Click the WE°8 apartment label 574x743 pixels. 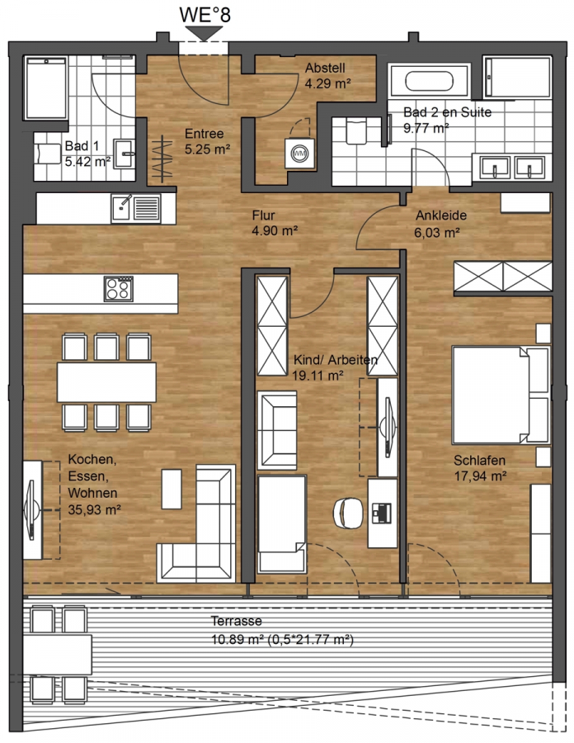[x=205, y=14]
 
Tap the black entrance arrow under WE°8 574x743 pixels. [x=204, y=33]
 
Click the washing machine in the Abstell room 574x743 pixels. [x=299, y=153]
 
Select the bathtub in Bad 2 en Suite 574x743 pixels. [x=429, y=82]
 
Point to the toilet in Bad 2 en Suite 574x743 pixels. [x=356, y=130]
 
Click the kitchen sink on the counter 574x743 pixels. [x=137, y=209]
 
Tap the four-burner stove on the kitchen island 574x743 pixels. [x=118, y=289]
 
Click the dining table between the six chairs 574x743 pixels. [x=106, y=382]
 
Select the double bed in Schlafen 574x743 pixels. [x=501, y=395]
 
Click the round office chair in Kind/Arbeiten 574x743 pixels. [x=348, y=512]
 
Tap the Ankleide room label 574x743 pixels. [x=441, y=215]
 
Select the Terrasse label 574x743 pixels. [x=236, y=621]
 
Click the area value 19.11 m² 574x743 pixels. [x=318, y=376]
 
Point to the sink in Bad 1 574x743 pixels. [x=125, y=153]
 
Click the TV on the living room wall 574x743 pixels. [x=31, y=509]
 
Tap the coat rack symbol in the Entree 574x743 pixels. [x=162, y=159]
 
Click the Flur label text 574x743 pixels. [x=264, y=215]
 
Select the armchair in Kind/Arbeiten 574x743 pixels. [x=277, y=430]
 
